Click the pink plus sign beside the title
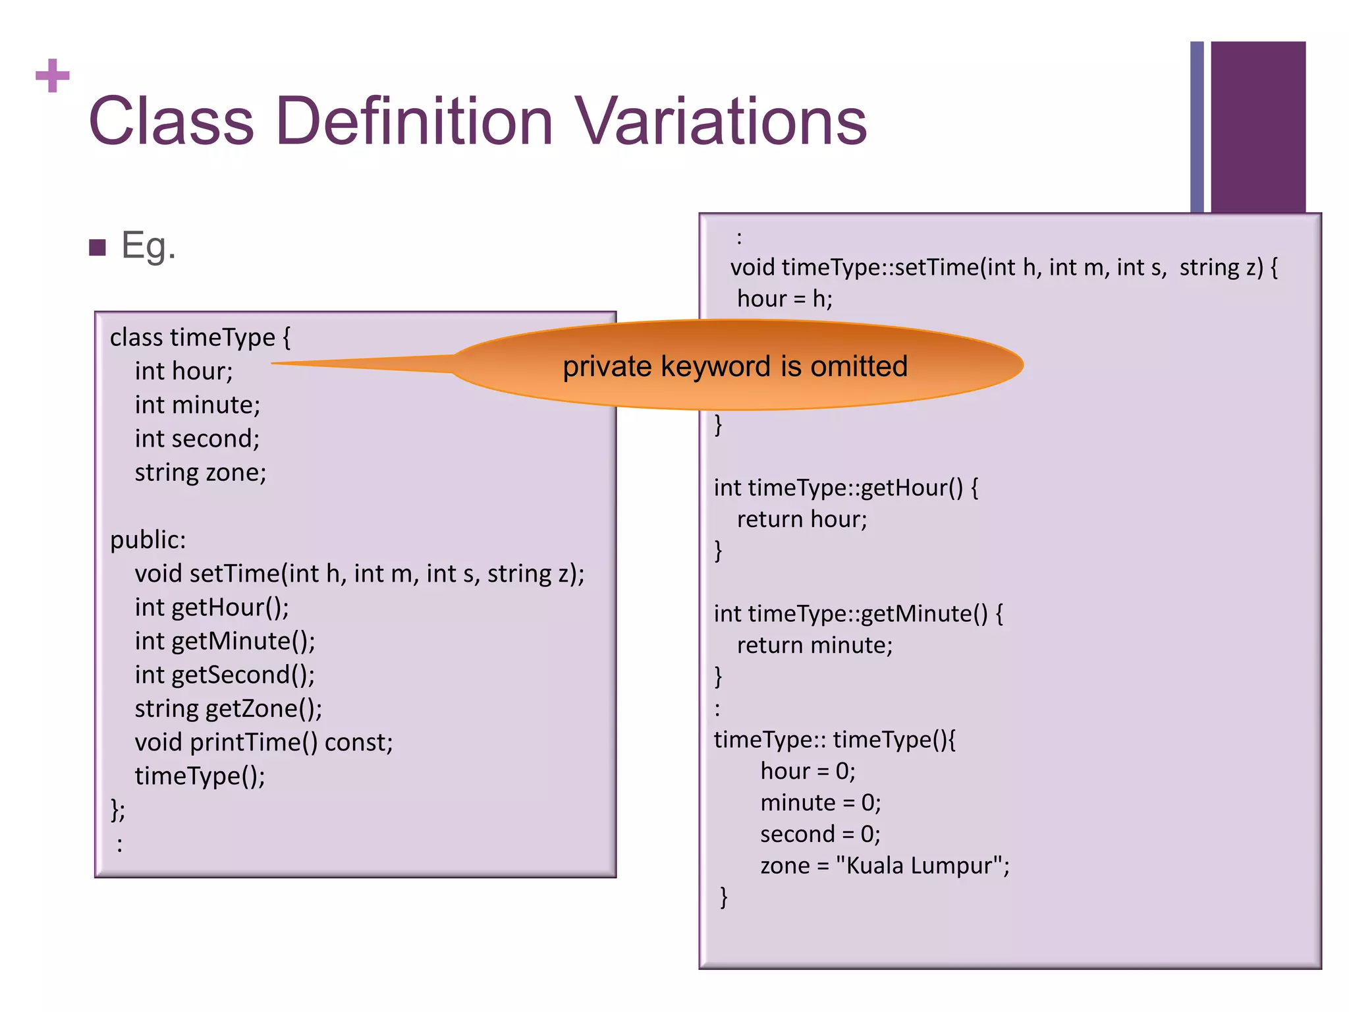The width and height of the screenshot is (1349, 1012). point(53,76)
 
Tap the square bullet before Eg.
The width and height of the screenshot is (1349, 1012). point(97,248)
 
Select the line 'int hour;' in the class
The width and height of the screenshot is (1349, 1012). point(184,372)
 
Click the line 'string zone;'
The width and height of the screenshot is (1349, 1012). point(200,472)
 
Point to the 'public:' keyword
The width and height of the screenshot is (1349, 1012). point(148,540)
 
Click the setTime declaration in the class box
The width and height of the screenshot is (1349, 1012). point(359,574)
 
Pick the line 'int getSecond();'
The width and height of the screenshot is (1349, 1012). point(225,675)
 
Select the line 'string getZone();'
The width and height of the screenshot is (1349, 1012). point(228,709)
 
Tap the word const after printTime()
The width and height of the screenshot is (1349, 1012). point(358,743)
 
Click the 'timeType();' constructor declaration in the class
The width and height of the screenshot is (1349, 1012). point(200,776)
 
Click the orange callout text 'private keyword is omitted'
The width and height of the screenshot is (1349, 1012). point(735,366)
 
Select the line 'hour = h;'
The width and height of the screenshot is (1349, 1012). point(785,299)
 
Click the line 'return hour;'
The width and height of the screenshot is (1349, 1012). point(802,520)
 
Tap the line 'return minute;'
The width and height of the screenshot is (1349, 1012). point(814,646)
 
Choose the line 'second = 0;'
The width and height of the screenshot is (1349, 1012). point(820,834)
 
